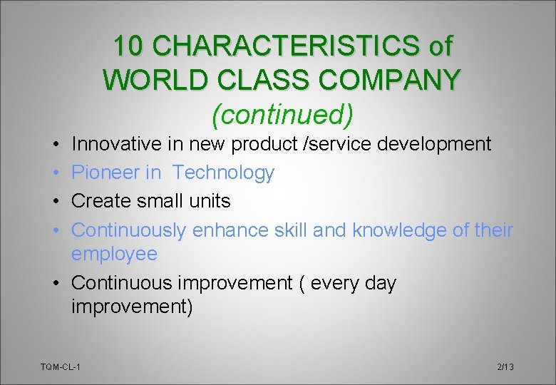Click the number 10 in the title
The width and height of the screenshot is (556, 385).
130,46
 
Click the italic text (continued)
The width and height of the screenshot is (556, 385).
282,113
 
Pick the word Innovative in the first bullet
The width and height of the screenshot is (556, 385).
118,144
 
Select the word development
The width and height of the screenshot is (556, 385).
434,144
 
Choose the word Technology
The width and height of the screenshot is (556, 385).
223,173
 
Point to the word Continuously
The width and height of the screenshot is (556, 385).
129,230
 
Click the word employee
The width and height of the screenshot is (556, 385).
114,254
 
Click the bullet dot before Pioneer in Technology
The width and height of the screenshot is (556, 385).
55,173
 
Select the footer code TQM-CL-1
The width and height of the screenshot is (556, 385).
61,366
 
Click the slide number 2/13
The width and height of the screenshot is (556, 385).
505,366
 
